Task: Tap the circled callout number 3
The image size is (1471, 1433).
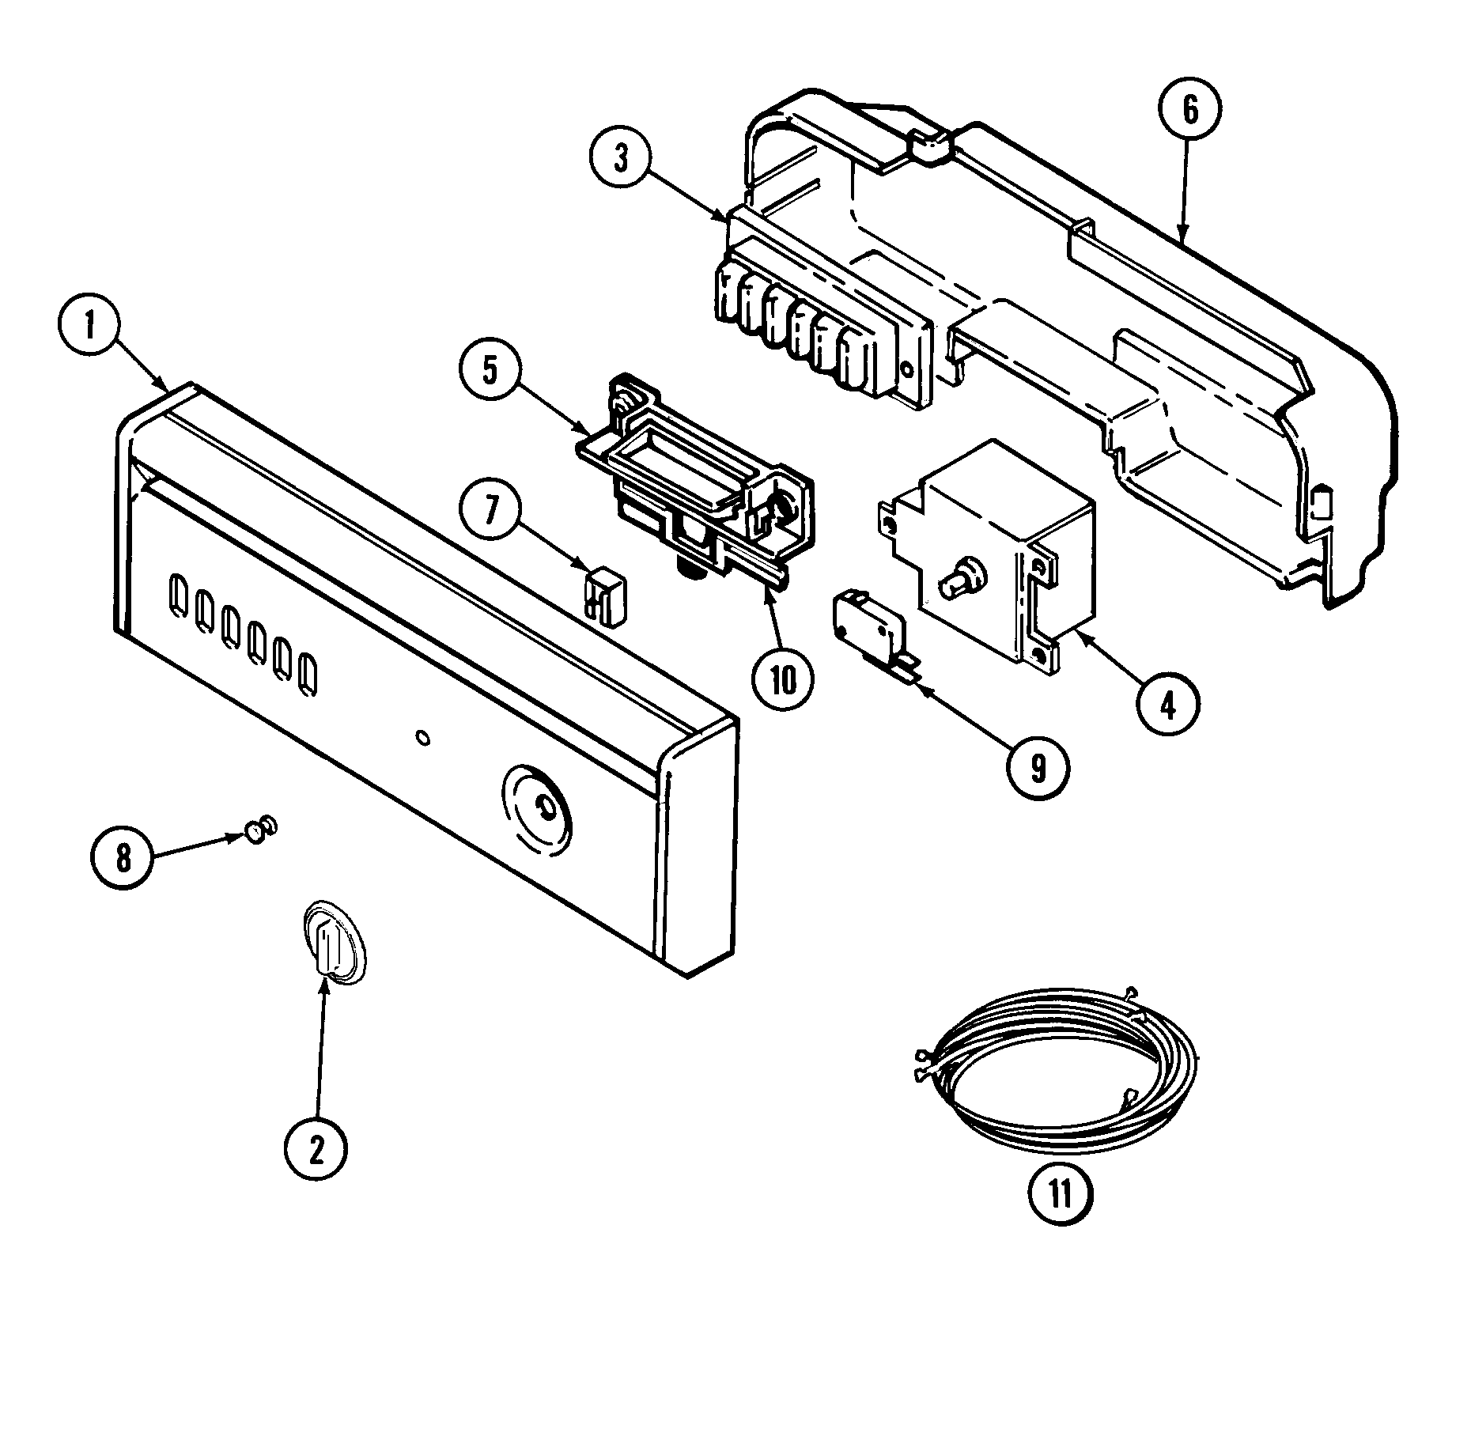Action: coord(621,159)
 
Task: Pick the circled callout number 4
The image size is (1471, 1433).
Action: coord(1168,703)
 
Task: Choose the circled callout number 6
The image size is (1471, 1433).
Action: coord(1190,111)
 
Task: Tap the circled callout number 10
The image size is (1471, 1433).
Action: coord(783,679)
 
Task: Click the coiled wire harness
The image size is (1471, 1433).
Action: coord(1060,1068)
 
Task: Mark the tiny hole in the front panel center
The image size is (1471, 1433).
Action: coord(422,737)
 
